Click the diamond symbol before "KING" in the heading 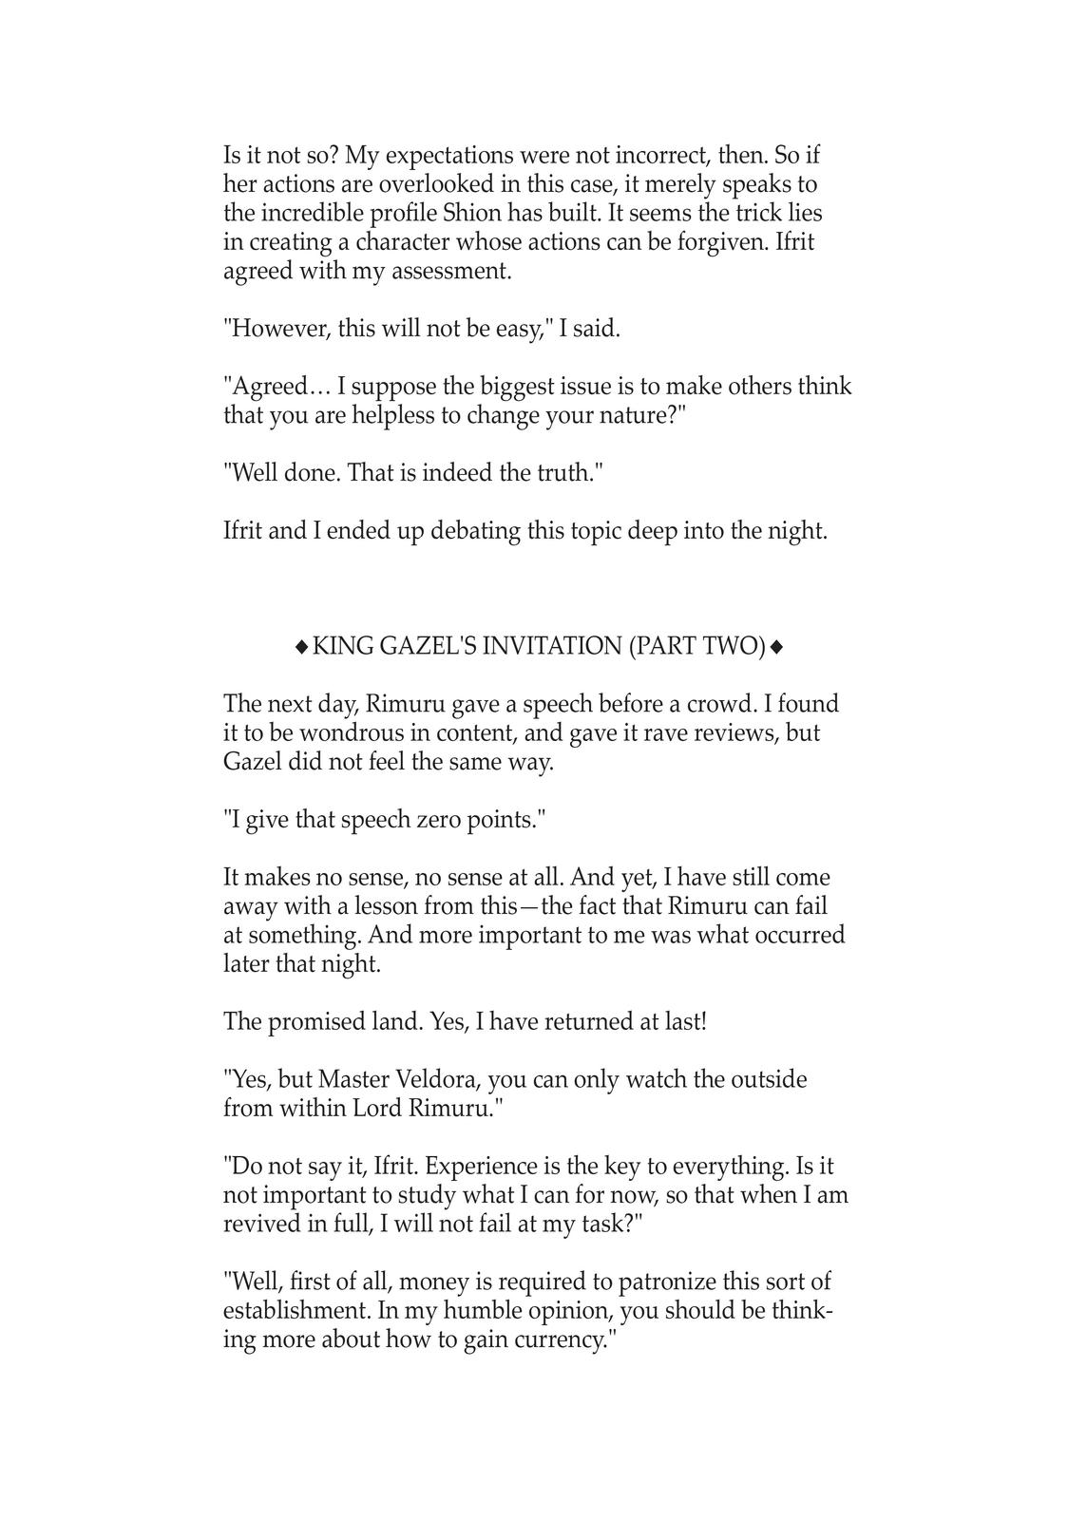click(301, 647)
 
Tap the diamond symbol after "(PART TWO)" click(776, 647)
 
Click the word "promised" click(311, 1022)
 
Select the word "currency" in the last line click(559, 1341)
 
